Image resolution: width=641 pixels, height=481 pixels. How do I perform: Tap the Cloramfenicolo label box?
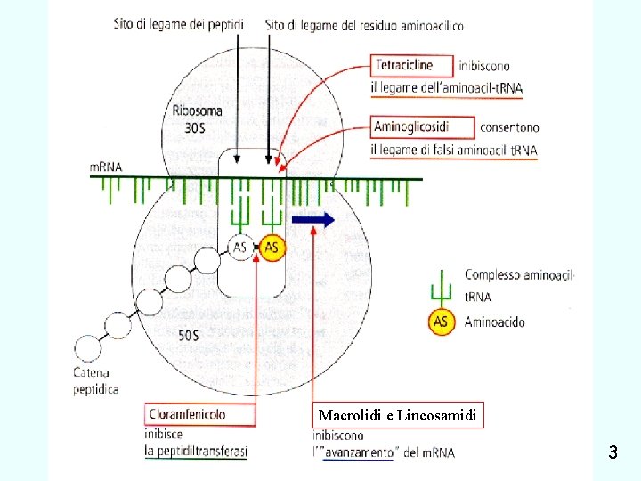(x=197, y=414)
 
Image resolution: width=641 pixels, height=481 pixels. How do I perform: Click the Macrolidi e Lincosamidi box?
(x=400, y=415)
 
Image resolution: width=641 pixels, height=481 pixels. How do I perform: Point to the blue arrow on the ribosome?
(x=312, y=221)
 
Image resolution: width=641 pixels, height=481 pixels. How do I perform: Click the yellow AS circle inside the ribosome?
(x=272, y=249)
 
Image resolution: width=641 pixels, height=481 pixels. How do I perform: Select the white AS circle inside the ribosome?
(x=240, y=249)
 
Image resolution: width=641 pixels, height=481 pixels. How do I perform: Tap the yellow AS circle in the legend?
(x=441, y=322)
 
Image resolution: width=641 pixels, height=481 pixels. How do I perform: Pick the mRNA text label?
(x=106, y=166)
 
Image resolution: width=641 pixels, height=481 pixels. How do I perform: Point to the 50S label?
(x=189, y=336)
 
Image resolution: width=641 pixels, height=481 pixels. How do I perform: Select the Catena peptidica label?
(x=96, y=381)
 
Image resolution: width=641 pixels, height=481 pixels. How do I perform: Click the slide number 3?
(x=613, y=452)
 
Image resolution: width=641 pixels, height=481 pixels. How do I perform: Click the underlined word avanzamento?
(x=357, y=452)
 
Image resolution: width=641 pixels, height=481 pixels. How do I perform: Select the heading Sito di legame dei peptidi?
(x=180, y=25)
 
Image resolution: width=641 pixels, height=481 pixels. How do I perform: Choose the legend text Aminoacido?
(x=494, y=322)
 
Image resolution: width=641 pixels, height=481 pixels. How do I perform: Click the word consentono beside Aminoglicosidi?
(x=508, y=127)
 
